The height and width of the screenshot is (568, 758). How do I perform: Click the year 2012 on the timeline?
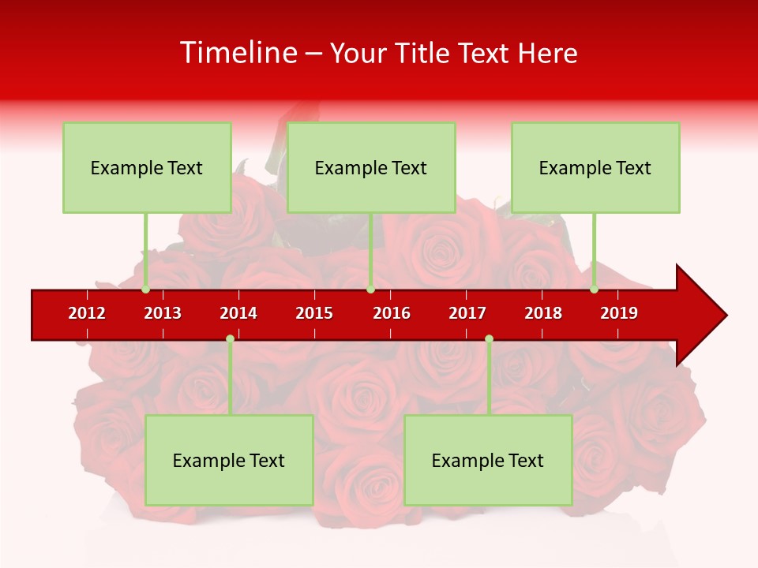point(87,313)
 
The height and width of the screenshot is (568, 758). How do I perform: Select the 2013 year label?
point(163,313)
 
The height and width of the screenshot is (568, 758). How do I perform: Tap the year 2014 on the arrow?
point(238,313)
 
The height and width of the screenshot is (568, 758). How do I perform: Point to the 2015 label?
point(314,313)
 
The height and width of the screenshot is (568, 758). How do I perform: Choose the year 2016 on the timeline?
point(392,313)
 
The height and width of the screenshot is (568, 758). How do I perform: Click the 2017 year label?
point(467,313)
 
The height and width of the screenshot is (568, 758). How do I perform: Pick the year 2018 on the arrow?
point(543,313)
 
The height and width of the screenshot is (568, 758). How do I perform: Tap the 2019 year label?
point(619,313)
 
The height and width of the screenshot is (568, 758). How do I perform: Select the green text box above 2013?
point(147,167)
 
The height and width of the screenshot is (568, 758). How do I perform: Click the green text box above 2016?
point(371,167)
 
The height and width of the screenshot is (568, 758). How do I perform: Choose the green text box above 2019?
point(595,167)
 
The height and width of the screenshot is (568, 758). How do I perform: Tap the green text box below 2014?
point(229,460)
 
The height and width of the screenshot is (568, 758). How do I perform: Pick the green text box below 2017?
point(488,460)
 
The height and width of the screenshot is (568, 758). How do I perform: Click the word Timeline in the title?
point(238,53)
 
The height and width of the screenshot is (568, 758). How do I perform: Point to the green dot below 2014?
point(230,338)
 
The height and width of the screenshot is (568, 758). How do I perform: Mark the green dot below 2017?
point(489,338)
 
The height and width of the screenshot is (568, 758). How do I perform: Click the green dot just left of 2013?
point(145,290)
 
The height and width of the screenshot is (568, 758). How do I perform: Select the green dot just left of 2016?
point(370,290)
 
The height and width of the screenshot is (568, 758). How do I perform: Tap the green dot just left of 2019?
point(594,290)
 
